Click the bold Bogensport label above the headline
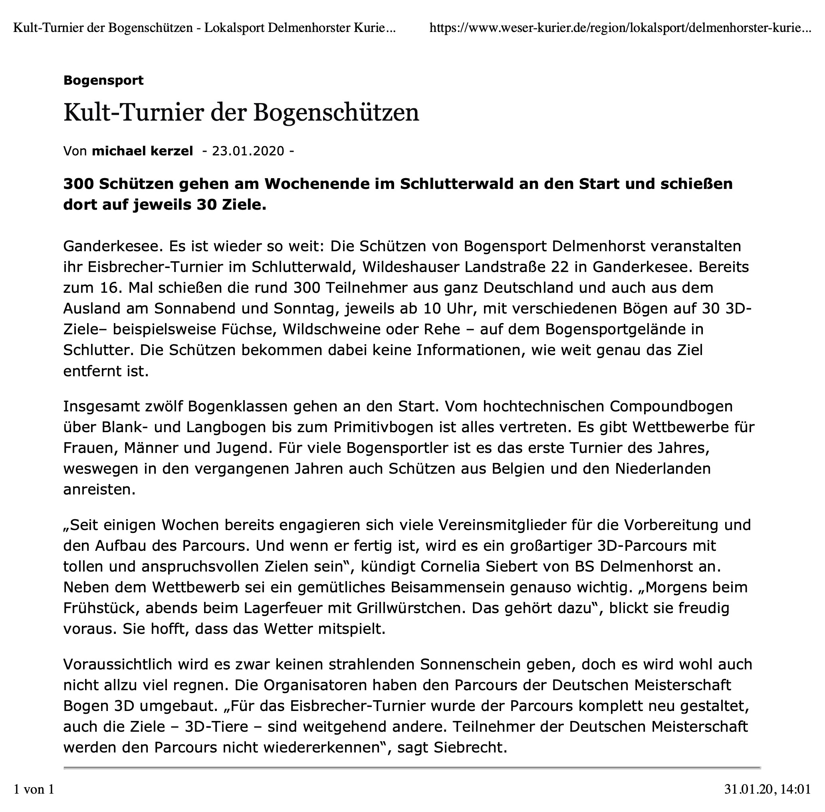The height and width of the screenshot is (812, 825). pyautogui.click(x=103, y=80)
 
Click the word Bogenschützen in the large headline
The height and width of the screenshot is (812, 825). pyautogui.click(x=336, y=113)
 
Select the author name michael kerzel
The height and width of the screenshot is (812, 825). pyautogui.click(x=143, y=151)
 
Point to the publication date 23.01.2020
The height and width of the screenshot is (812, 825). pyautogui.click(x=248, y=151)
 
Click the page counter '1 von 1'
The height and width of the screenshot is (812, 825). pyautogui.click(x=34, y=789)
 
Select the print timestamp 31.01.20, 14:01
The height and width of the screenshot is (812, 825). pyautogui.click(x=767, y=789)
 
